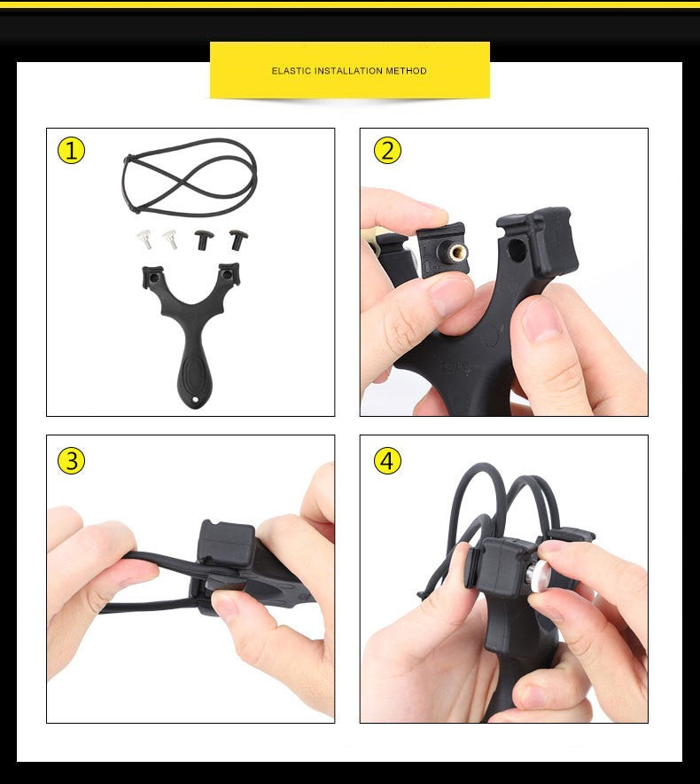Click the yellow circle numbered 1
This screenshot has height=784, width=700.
[x=71, y=150]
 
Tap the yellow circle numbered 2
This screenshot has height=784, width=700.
[x=387, y=150]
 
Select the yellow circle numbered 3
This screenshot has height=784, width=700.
[x=71, y=460]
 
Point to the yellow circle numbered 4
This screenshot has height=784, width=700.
[x=387, y=460]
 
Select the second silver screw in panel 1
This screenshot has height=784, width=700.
[x=170, y=239]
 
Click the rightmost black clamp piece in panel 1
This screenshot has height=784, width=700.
[x=237, y=239]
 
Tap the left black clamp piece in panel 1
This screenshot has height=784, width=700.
[x=203, y=239]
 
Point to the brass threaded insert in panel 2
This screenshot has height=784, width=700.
[x=456, y=252]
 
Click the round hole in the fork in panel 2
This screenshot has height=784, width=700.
[x=517, y=249]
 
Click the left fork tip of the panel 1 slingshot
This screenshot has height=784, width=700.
[x=152, y=277]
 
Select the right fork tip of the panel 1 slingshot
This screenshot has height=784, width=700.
[x=229, y=273]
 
